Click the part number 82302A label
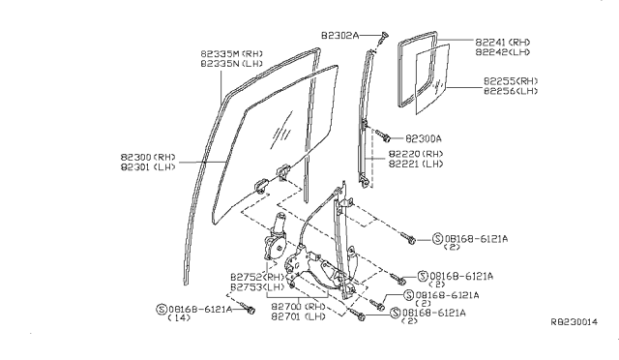(339, 36)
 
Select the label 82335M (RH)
(231, 54)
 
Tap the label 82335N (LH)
(231, 64)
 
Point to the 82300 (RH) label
(148, 158)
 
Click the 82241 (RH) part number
(503, 43)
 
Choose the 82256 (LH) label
(511, 91)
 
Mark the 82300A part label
(424, 138)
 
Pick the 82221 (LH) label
(416, 164)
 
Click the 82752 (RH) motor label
(257, 277)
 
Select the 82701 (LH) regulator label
(299, 316)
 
